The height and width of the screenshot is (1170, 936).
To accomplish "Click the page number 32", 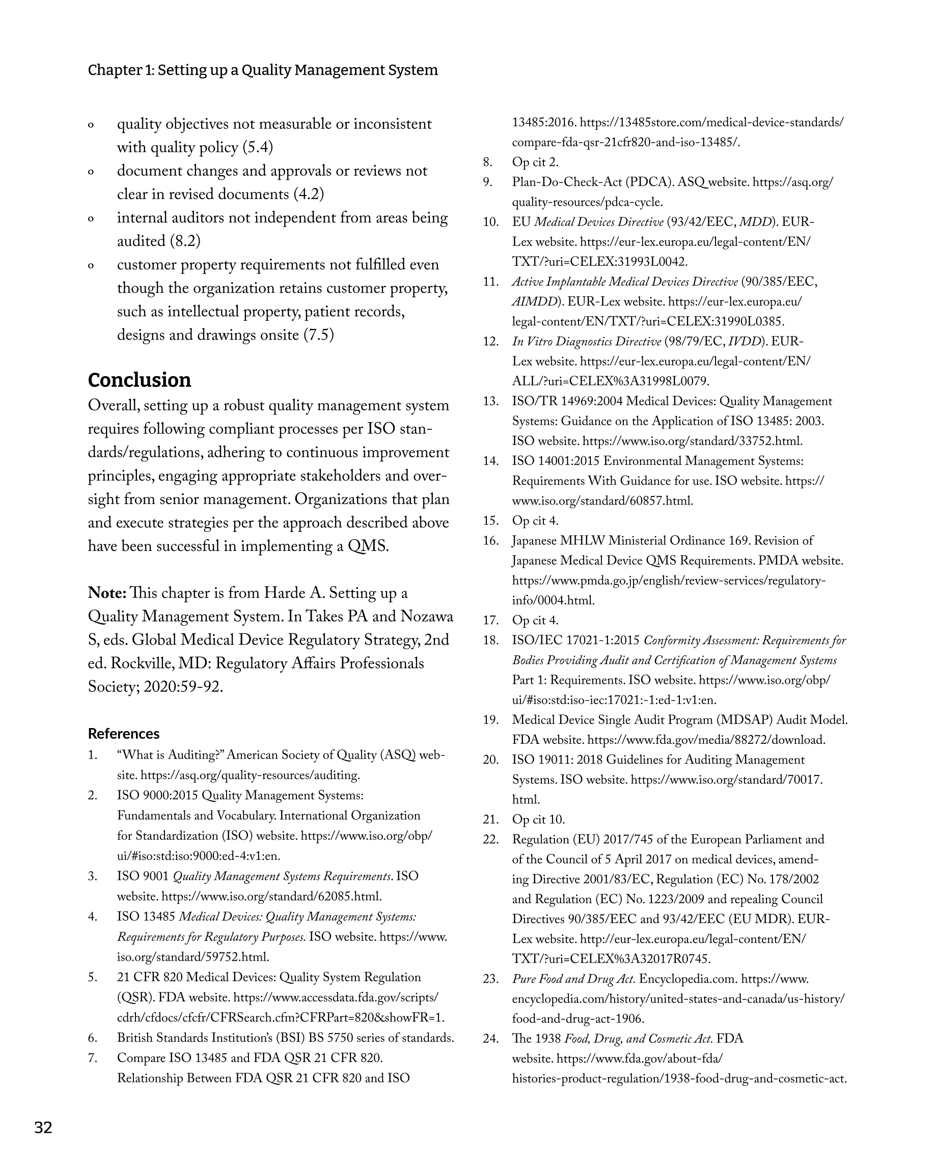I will pos(43,1128).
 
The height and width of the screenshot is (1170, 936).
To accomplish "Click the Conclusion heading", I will pos(140,380).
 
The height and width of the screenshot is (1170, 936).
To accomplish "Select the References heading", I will pos(124,734).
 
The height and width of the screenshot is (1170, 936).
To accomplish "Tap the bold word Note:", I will pos(107,593).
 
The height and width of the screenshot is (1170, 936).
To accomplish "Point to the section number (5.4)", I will pos(257,148).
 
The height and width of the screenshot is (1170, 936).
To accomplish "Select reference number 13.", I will pos(490,402).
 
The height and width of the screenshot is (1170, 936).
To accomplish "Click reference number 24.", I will pos(490,1039).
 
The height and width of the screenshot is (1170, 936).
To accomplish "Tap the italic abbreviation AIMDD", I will pos(535,302).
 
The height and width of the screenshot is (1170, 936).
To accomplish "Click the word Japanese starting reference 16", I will pos(534,541).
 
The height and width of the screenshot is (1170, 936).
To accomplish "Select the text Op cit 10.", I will pos(539,819).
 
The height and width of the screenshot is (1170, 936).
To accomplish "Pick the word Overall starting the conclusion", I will pos(114,406).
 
